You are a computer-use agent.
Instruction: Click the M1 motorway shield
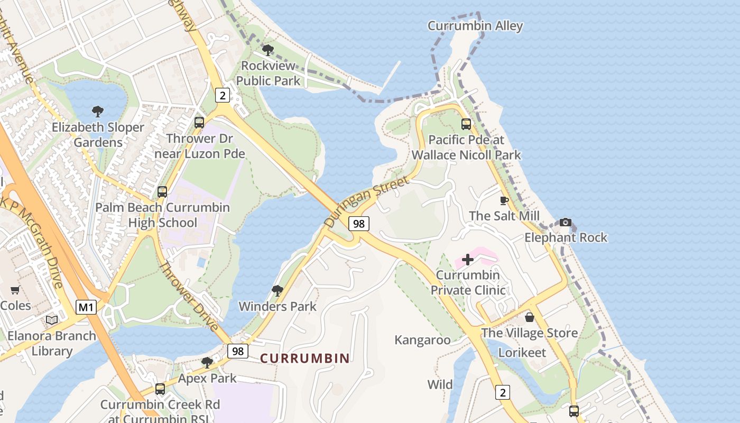pos(86,307)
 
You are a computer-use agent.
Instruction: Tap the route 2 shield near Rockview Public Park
pos(223,95)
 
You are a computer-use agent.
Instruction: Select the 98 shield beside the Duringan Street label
pos(358,224)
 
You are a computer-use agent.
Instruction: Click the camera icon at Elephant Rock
pos(566,222)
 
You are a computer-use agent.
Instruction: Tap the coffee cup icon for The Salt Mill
pos(504,200)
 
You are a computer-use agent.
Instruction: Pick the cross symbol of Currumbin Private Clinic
pos(468,260)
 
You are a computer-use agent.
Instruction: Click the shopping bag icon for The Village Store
pos(529,317)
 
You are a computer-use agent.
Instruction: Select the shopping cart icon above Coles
pos(15,290)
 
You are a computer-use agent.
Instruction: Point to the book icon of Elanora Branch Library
pos(52,320)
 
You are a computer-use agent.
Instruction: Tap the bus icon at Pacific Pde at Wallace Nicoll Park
pos(466,124)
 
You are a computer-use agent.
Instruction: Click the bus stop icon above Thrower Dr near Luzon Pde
pos(199,122)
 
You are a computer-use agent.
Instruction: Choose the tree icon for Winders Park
pos(277,290)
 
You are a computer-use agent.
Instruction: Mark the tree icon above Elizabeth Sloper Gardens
pos(97,111)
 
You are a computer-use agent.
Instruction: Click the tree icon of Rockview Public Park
pos(268,50)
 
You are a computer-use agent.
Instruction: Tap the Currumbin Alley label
pos(475,26)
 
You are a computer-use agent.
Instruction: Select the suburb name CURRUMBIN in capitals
pos(305,358)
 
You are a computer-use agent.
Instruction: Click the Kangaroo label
pos(422,340)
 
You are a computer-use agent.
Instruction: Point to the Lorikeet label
pos(522,353)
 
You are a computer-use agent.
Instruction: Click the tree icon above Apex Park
pos(207,363)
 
